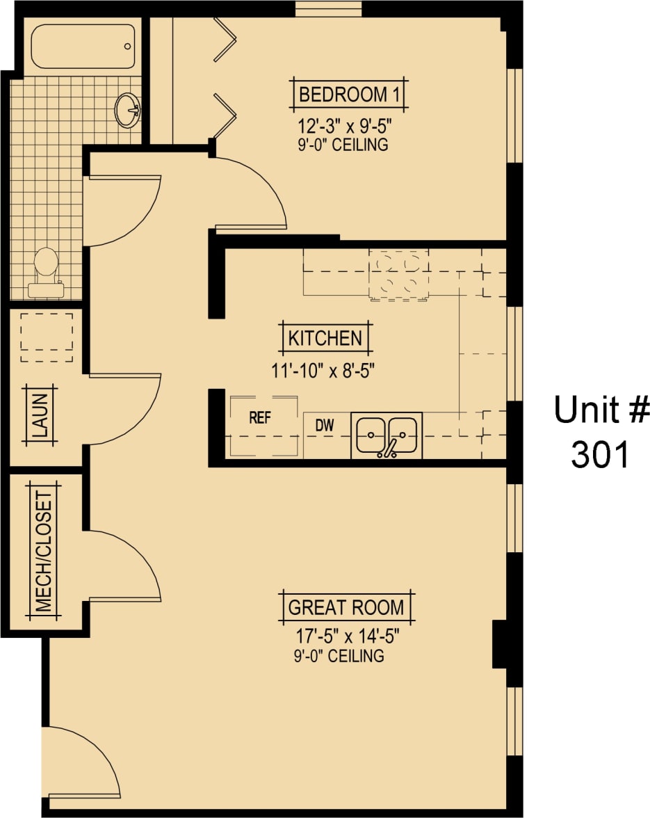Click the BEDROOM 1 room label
[348, 94]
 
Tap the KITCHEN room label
[325, 339]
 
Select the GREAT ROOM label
[346, 607]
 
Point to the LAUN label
[41, 415]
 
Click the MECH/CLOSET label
[44, 552]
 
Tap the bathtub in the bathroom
[83, 47]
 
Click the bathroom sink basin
[128, 109]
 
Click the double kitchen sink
[387, 435]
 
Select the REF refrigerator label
[259, 418]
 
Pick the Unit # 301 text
[601, 432]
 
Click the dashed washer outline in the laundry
[47, 336]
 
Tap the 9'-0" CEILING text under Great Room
[339, 655]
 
